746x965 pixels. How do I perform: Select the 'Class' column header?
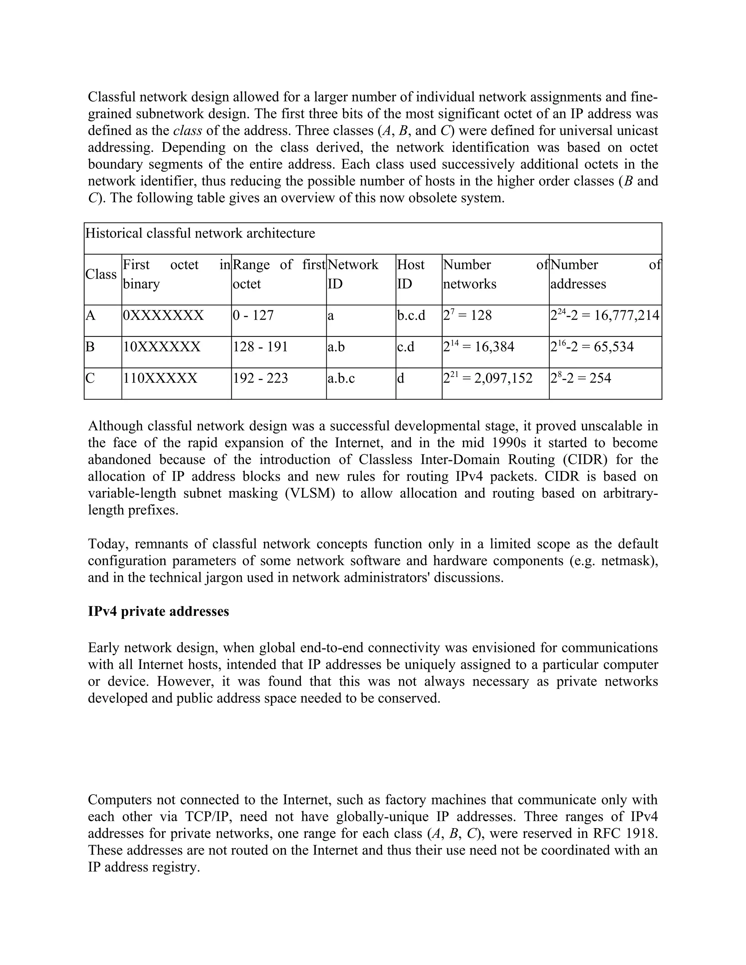click(x=101, y=275)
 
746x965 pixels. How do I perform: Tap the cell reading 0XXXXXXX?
click(x=163, y=315)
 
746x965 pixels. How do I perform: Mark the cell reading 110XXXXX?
click(x=160, y=378)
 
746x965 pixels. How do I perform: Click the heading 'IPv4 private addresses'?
click(x=158, y=611)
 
